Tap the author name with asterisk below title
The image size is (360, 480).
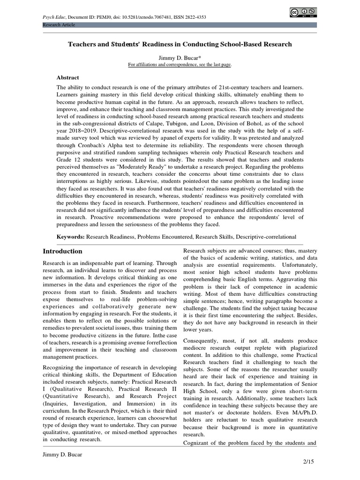point(180,57)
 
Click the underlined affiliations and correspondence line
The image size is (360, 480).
point(180,64)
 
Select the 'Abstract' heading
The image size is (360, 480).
point(68,77)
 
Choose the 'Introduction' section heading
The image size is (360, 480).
point(62,251)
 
